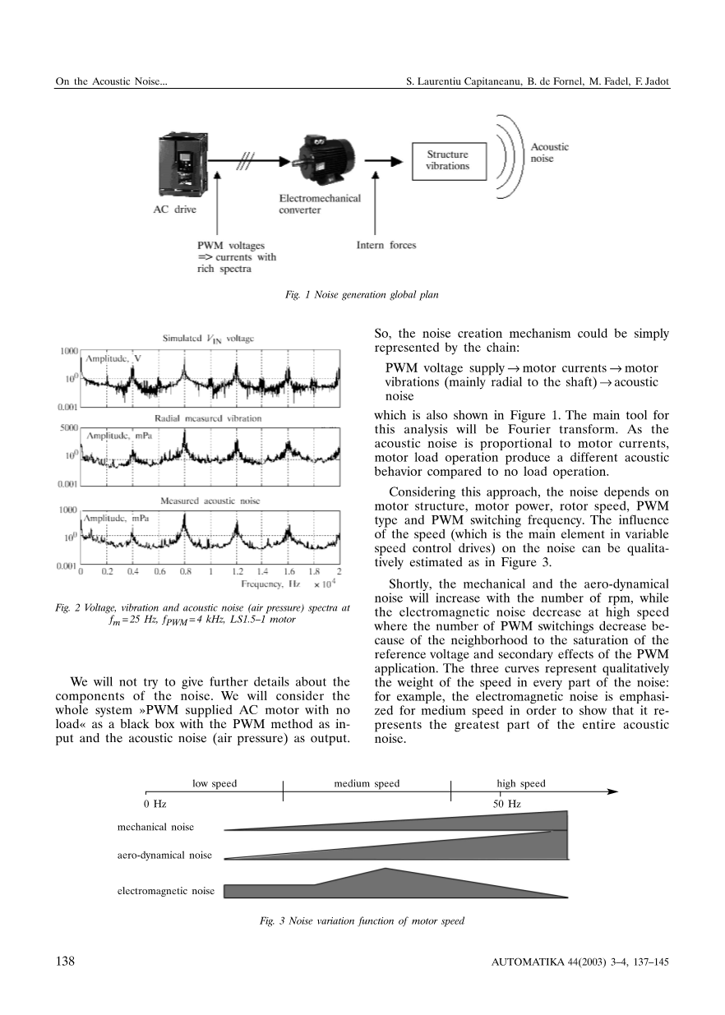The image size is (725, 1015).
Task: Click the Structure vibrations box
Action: click(x=447, y=159)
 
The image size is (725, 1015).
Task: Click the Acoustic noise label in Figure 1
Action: click(x=549, y=152)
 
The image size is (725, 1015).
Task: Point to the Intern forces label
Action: click(x=386, y=245)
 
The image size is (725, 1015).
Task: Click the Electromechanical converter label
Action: click(x=320, y=205)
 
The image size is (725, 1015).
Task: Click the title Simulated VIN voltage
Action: click(x=209, y=338)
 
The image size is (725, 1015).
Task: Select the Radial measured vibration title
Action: click(x=208, y=418)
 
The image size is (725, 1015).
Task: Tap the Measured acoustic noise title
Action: click(x=209, y=500)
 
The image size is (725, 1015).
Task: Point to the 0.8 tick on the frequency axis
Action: click(x=186, y=570)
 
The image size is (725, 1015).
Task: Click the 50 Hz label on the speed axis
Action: click(x=506, y=804)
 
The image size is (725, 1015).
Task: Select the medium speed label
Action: click(x=367, y=783)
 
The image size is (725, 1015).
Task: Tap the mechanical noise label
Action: click(x=156, y=827)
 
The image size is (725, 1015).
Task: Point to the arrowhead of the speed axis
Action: click(x=612, y=792)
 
